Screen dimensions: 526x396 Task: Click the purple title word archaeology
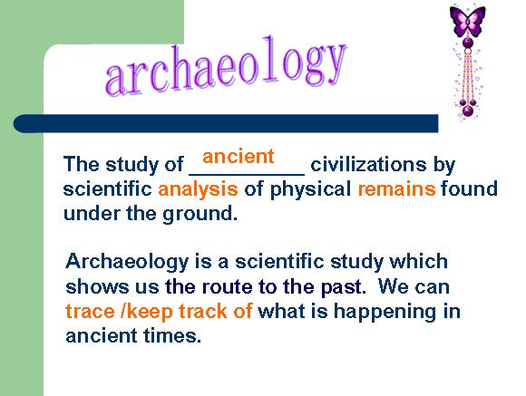tap(226, 65)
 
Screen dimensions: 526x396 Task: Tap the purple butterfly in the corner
tap(468, 21)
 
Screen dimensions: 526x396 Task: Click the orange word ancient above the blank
tap(239, 157)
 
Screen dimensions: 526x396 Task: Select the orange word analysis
tap(198, 189)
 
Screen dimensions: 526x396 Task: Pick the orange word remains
tap(396, 188)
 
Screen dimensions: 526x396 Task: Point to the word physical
tap(310, 189)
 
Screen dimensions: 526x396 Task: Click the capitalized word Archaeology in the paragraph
tap(127, 262)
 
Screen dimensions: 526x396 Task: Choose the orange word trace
tap(90, 312)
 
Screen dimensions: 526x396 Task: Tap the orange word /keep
tap(147, 312)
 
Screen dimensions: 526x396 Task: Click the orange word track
tap(203, 311)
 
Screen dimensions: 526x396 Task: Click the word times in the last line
tap(170, 336)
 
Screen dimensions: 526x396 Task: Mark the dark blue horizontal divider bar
tap(226, 123)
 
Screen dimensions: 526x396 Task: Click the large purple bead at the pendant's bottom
tap(468, 111)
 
